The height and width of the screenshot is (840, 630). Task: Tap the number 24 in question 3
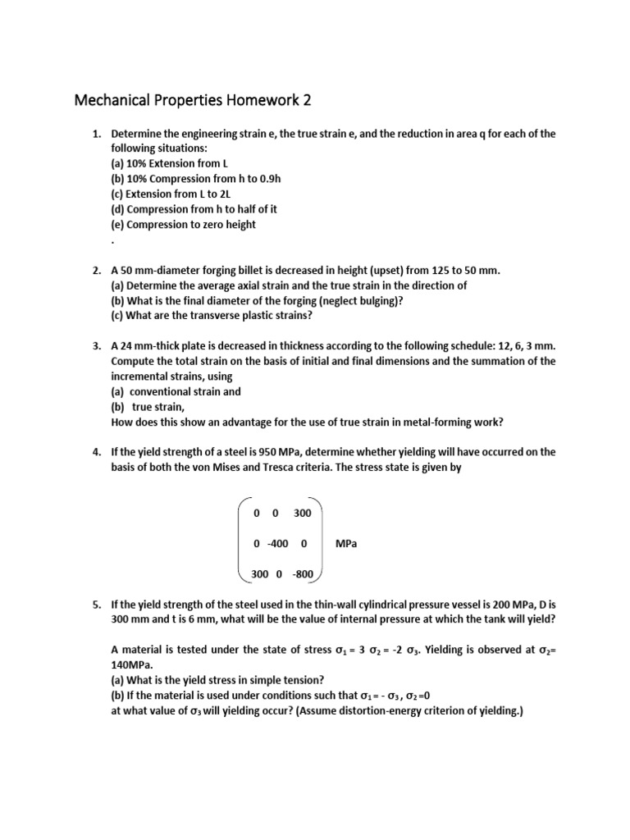[x=128, y=346]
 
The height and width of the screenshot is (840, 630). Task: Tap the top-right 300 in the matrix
[x=302, y=513]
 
